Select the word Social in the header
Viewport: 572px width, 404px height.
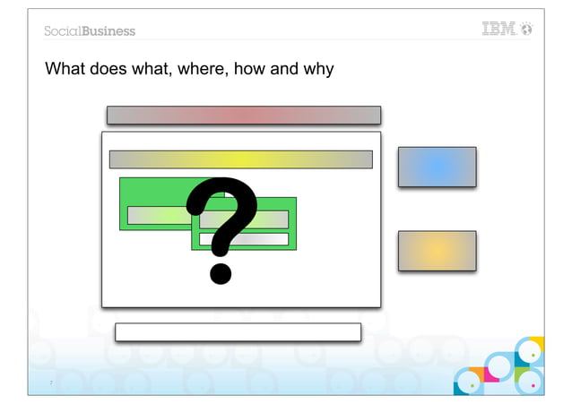pos(63,31)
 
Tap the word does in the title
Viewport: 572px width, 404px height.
pos(107,69)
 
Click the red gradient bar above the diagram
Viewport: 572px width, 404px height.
pos(244,115)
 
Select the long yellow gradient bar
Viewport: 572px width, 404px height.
pos(240,159)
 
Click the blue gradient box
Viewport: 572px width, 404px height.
pos(437,167)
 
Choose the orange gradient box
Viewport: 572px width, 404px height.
pos(437,250)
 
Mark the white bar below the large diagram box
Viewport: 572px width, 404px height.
pos(238,332)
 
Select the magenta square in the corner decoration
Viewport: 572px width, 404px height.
pos(490,373)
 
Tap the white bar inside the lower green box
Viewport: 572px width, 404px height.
pos(244,239)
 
